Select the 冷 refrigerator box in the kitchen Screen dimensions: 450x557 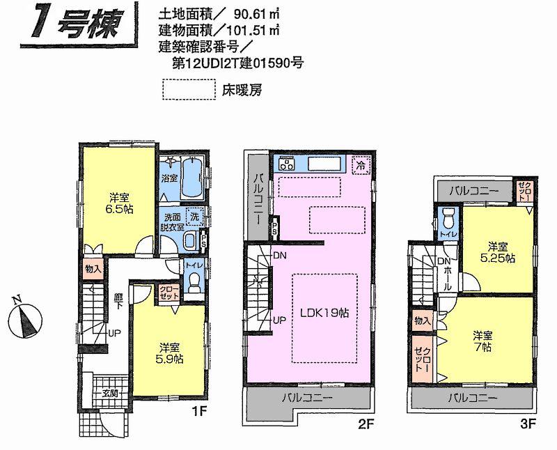click(x=361, y=165)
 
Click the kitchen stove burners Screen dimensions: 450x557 click(x=287, y=164)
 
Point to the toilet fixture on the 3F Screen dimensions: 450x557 click(x=448, y=218)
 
